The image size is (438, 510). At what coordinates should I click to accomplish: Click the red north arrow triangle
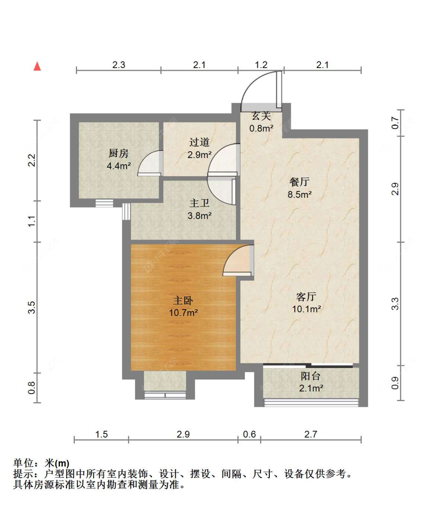pos(37,67)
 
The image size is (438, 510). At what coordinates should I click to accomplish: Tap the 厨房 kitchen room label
pos(118,154)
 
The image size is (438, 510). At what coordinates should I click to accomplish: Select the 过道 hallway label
pos(199,142)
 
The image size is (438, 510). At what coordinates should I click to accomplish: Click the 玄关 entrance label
pos(261,116)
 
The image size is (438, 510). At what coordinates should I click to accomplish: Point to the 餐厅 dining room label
pos(299,182)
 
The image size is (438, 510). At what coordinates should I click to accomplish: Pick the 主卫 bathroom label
pos(199,203)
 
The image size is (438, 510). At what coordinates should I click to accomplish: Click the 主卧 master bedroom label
pos(183,301)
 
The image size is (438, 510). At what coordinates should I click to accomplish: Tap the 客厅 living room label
pos(306,297)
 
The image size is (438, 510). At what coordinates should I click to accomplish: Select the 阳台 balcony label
pos(311,376)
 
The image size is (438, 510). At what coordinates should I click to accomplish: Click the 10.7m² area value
pos(183,313)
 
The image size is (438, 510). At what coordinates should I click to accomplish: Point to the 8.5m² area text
pos(299,195)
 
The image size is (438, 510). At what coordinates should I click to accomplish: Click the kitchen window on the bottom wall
pos(104,203)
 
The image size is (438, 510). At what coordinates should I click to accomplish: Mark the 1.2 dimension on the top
pos(261,65)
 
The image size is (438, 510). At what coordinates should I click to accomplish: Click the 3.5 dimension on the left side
pos(32,307)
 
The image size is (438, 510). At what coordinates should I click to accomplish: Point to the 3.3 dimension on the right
pos(395,304)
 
